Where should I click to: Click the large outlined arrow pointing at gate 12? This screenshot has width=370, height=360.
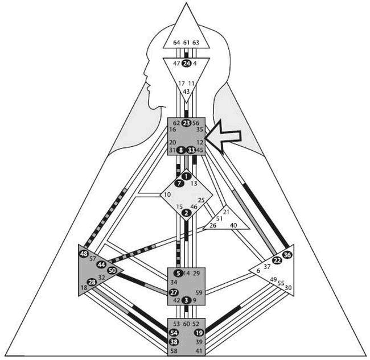(x=225, y=138)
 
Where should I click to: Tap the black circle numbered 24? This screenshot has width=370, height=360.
(x=186, y=64)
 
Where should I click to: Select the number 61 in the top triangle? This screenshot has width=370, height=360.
(x=187, y=43)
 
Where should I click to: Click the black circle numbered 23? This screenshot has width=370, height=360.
(x=186, y=122)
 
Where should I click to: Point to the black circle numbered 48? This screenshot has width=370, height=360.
(x=84, y=253)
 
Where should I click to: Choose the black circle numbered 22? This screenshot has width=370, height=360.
(x=277, y=260)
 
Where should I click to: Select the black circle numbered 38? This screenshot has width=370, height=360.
(x=174, y=342)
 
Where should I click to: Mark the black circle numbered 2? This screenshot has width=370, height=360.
(x=187, y=213)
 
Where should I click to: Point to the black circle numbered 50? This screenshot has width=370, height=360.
(x=112, y=270)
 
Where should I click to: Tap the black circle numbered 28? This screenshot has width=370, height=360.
(x=91, y=282)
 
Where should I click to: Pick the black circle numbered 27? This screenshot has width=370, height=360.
(x=174, y=292)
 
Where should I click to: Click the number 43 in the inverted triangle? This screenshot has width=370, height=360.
(x=186, y=91)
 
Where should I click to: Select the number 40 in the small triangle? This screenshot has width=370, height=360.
(x=233, y=225)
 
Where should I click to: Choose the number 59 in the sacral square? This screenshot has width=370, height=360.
(x=199, y=292)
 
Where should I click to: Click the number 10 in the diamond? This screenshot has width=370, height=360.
(x=167, y=195)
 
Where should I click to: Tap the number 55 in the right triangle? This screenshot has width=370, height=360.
(x=281, y=283)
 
